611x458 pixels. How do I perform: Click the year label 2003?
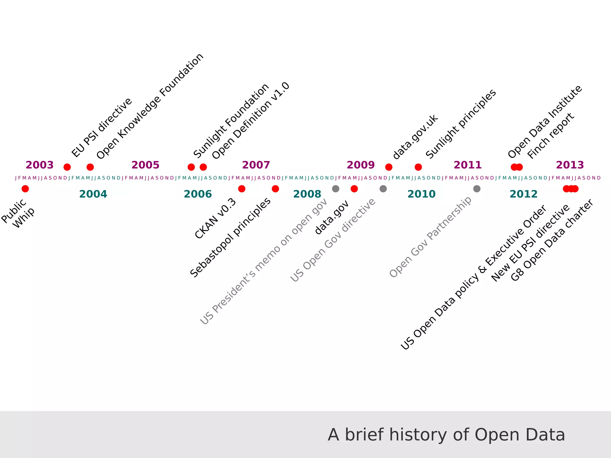(39, 165)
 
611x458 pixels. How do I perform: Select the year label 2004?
(93, 194)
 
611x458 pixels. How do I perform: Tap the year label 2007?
(256, 165)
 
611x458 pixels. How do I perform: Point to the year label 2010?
(421, 194)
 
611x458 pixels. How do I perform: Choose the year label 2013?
(570, 165)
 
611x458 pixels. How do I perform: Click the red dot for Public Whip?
(25, 189)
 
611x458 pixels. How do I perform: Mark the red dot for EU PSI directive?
(67, 167)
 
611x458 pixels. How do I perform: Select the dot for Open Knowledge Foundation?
(90, 167)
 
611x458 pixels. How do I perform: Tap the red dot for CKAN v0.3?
(242, 189)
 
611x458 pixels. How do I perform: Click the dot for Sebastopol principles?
(275, 189)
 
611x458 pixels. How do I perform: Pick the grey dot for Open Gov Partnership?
(477, 189)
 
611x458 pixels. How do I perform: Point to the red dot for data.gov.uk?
(389, 167)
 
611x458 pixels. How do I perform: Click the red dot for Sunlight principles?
(418, 167)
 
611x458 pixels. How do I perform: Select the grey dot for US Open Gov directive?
(383, 189)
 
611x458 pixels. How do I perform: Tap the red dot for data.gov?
(354, 189)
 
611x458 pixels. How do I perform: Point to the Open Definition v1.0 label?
(251, 121)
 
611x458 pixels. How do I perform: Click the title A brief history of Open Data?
(446, 435)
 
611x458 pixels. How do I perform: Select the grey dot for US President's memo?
(336, 189)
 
